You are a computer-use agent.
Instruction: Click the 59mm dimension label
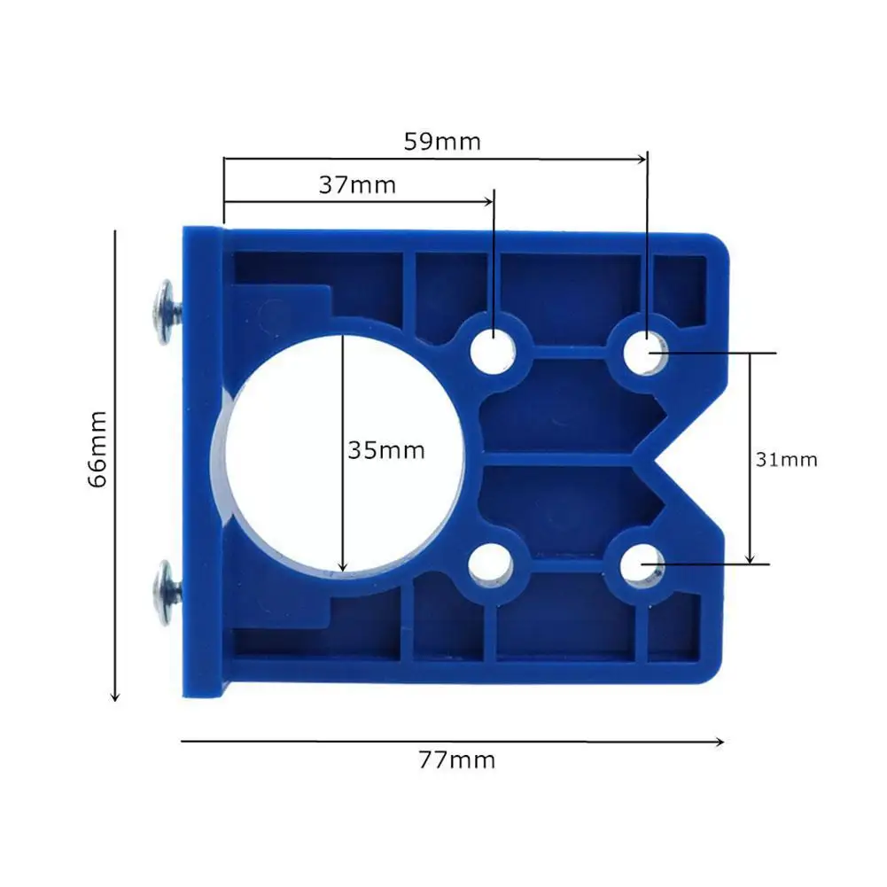click(442, 141)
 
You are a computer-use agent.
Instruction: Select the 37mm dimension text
click(356, 185)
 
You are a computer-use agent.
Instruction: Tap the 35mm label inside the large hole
click(385, 450)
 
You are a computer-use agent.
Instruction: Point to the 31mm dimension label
click(786, 460)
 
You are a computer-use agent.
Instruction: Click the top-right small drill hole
click(643, 352)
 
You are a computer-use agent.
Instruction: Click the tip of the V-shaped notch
click(640, 459)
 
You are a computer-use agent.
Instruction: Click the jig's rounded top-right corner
click(720, 243)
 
